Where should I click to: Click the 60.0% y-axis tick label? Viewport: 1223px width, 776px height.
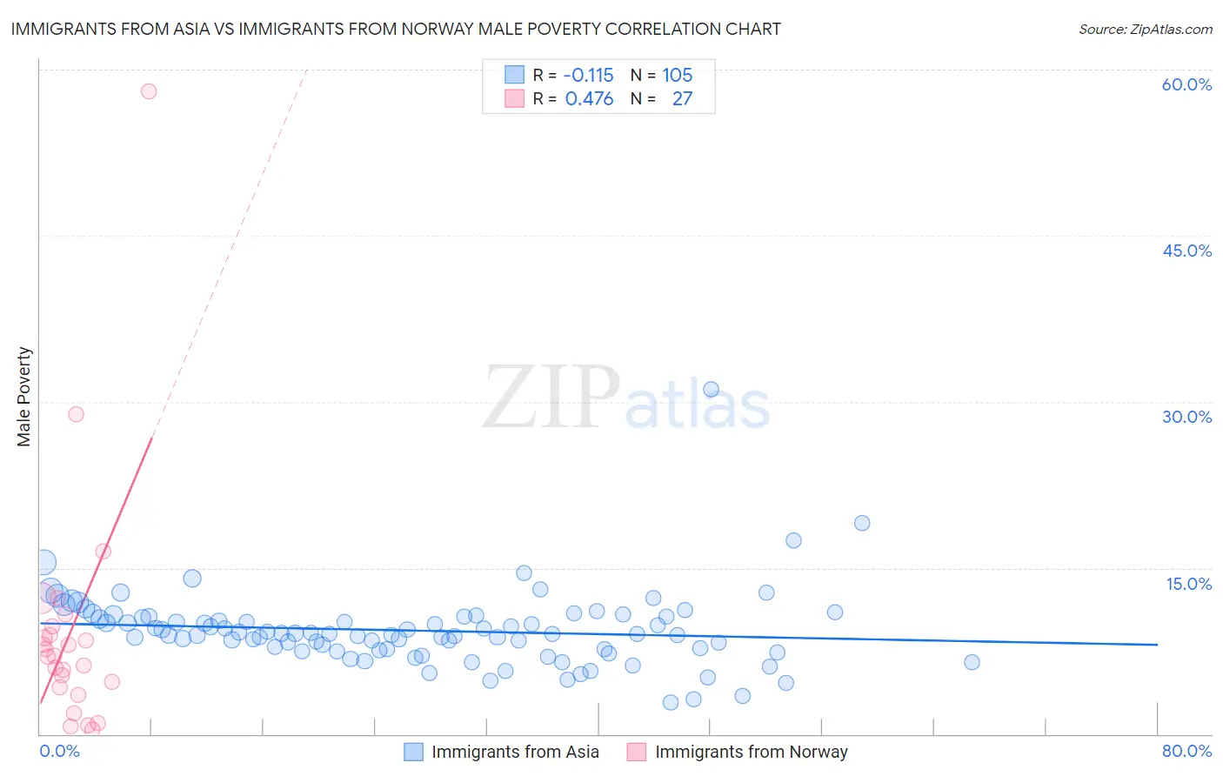click(1186, 84)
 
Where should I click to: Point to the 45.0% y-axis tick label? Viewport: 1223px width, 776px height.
click(1186, 251)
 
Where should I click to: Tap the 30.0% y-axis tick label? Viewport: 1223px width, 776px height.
click(1186, 417)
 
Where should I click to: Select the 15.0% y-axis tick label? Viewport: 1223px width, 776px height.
click(1188, 584)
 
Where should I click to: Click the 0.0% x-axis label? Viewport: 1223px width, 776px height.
click(59, 751)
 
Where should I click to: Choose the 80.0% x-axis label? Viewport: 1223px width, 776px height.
click(1186, 751)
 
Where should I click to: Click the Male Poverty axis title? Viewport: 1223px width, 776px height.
click(24, 397)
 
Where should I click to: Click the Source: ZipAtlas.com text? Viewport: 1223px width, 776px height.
click(1145, 29)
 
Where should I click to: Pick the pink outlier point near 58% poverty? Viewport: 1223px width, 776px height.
click(149, 91)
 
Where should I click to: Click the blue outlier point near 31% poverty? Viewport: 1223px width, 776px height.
click(711, 390)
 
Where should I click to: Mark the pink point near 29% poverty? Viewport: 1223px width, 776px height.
click(76, 414)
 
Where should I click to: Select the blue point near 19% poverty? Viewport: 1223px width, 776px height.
click(862, 523)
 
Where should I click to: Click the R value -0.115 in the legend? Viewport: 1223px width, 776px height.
click(589, 76)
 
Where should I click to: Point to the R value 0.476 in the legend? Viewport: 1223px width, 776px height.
click(589, 99)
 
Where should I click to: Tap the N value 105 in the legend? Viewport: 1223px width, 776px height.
click(677, 76)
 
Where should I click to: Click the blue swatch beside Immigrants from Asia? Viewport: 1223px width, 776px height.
click(414, 752)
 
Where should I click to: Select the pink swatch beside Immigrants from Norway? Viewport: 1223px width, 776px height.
click(637, 752)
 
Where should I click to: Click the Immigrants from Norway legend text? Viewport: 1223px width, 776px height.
click(751, 752)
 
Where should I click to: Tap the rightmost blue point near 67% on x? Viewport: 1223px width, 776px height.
click(972, 662)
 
